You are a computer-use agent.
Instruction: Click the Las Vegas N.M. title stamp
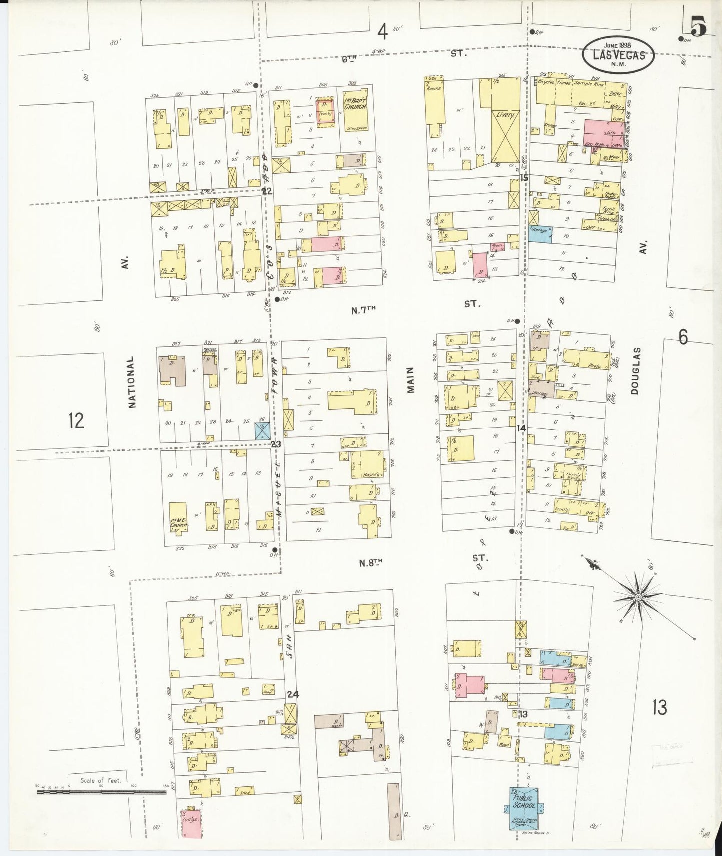tap(619, 54)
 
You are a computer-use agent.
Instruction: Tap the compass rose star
tap(638, 597)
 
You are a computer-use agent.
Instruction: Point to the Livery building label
tap(505, 115)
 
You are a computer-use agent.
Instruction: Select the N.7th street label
tap(363, 310)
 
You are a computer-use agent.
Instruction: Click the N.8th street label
tap(370, 563)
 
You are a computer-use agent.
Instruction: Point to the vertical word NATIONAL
tap(132, 382)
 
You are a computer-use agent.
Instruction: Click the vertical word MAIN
tap(411, 380)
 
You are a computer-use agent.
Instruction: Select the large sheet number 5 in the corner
tap(698, 27)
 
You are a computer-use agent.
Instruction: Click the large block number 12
tap(76, 421)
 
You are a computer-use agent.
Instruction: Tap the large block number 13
tap(660, 707)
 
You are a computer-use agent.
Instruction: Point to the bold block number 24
tap(293, 694)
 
